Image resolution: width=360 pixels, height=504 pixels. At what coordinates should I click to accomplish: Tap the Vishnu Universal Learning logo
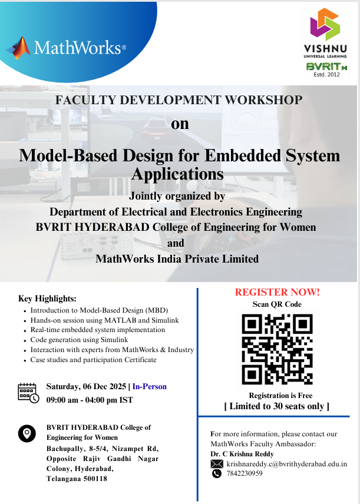[x=325, y=32]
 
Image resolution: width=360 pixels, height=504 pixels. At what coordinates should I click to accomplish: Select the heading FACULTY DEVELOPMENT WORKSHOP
[x=179, y=100]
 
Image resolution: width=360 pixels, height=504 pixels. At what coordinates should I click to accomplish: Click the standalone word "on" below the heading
[x=180, y=125]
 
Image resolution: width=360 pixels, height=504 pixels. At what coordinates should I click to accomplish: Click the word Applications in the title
[x=177, y=174]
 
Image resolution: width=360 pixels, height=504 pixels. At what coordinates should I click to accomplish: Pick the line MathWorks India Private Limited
[x=177, y=258]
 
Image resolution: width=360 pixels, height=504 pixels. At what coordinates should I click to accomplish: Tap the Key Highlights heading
[x=47, y=299]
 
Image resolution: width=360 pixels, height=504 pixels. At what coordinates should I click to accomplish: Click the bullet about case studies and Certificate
[x=93, y=360]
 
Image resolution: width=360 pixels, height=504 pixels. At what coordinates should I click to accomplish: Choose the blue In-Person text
[x=149, y=387]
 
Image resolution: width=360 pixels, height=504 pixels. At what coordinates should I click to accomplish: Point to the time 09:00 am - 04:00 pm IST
[x=90, y=400]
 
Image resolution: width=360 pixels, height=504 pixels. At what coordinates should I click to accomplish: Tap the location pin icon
[x=27, y=435]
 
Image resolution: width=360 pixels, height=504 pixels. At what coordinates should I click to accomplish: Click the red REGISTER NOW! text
[x=277, y=292]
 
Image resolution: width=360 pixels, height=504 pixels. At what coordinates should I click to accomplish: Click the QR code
[x=277, y=349]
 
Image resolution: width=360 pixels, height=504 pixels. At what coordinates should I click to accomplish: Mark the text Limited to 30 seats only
[x=276, y=406]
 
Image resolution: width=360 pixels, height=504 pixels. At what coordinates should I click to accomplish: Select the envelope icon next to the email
[x=217, y=465]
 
